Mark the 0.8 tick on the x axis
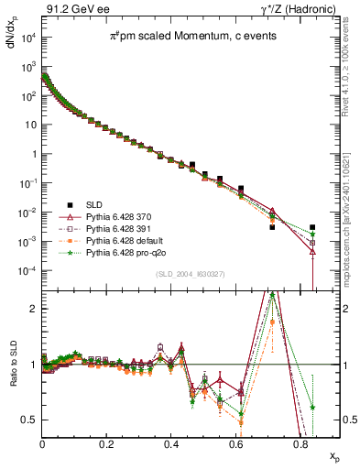coord(300,443)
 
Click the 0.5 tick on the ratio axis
coord(31,420)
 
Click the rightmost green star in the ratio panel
coord(313,407)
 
